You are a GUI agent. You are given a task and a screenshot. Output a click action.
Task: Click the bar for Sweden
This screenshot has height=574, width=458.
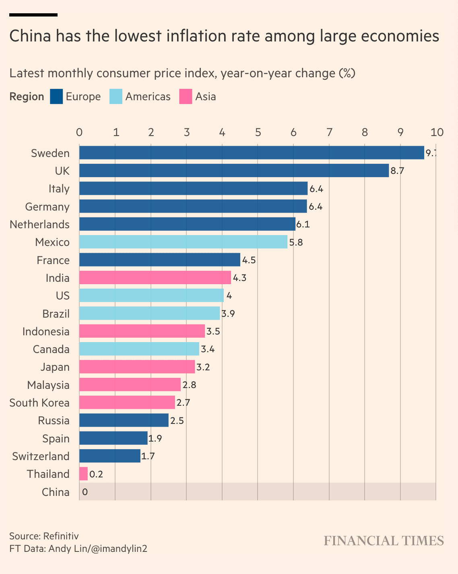click(x=252, y=153)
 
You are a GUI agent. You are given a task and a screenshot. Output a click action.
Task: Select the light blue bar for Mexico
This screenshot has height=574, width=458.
click(x=183, y=242)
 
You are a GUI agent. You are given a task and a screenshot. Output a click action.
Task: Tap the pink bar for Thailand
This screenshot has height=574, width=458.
click(x=83, y=474)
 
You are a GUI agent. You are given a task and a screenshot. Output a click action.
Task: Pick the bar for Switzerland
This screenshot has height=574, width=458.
click(x=110, y=456)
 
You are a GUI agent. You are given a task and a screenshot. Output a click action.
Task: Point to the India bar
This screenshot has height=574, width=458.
click(x=155, y=278)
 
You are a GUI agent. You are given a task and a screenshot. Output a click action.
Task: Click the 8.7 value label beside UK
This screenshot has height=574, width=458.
click(x=397, y=171)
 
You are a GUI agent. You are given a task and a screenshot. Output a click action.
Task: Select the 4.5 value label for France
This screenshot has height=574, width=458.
click(x=249, y=260)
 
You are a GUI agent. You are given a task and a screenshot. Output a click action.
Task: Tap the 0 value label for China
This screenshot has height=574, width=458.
click(x=85, y=492)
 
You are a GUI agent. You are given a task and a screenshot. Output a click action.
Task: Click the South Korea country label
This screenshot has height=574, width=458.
click(x=39, y=403)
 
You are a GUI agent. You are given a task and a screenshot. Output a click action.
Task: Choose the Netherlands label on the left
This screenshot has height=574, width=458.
click(x=39, y=225)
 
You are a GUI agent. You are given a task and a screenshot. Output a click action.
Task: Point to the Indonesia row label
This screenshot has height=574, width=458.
click(x=46, y=332)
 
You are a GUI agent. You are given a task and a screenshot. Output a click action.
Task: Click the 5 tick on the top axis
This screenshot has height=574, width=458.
click(x=258, y=132)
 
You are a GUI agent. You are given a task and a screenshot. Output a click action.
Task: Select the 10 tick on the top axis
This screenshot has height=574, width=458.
click(x=437, y=132)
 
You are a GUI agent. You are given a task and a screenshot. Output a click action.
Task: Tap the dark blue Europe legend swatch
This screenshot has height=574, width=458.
click(x=56, y=97)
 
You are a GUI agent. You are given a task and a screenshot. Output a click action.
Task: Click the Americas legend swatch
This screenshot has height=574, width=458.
click(x=116, y=97)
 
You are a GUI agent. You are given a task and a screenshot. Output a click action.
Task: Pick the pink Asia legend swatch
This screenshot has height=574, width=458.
click(x=186, y=97)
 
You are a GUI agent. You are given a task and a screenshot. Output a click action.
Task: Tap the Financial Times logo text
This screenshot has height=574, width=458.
click(x=384, y=541)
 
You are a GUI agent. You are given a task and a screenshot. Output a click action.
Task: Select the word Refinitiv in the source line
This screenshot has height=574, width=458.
click(x=61, y=536)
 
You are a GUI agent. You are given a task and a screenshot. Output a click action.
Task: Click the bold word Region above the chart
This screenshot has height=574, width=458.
click(x=27, y=97)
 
